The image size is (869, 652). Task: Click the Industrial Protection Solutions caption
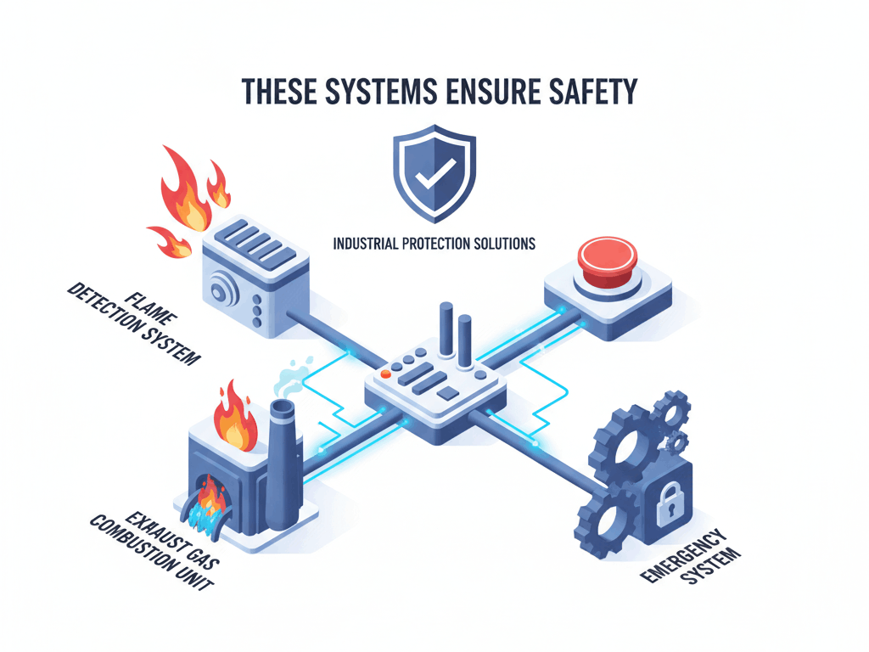click(x=434, y=244)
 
